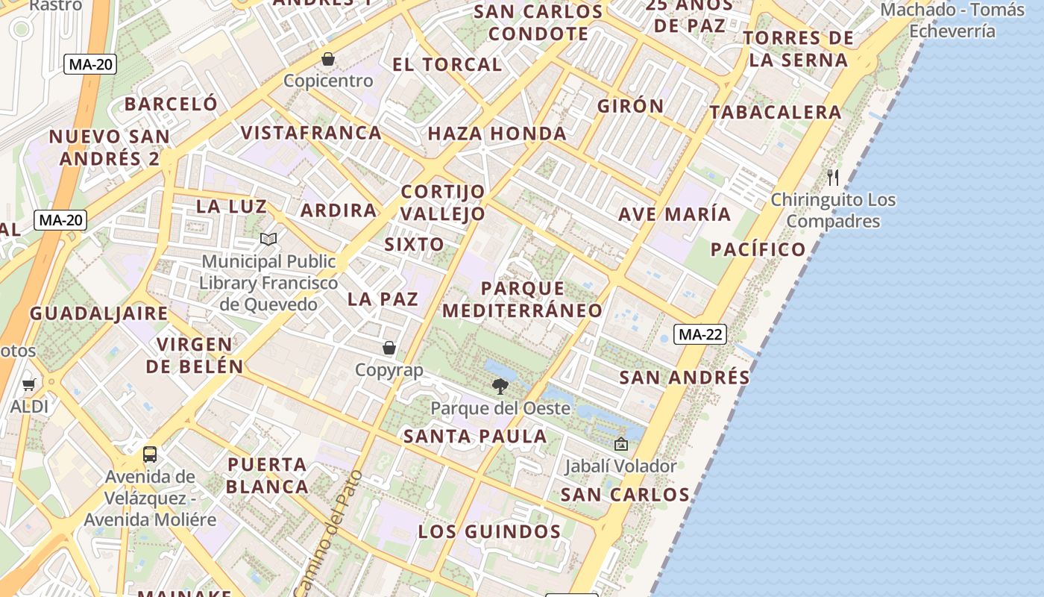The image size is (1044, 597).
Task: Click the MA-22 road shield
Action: click(x=699, y=334)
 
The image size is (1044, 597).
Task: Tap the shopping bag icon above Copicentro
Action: click(x=328, y=59)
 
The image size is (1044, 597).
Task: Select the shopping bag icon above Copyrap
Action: click(x=389, y=348)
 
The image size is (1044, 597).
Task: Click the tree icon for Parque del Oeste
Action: click(x=500, y=387)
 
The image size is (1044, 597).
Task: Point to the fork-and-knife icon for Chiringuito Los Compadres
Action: click(x=833, y=178)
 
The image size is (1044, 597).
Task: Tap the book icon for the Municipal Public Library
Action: click(x=268, y=240)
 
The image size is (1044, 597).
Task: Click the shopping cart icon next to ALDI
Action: click(x=29, y=385)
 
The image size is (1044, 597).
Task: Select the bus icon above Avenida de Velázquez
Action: click(x=150, y=454)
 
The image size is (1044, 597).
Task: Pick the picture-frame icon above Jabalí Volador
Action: click(x=620, y=444)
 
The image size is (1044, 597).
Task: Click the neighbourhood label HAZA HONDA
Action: click(x=497, y=134)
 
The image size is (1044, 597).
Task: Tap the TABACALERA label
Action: click(x=775, y=113)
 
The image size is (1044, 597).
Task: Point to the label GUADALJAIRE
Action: click(x=98, y=313)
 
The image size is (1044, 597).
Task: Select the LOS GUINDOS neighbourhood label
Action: click(x=488, y=532)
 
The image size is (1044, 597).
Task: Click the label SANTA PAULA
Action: click(x=475, y=437)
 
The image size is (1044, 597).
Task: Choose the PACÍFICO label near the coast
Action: click(x=758, y=249)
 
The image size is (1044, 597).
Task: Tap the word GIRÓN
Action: click(x=630, y=106)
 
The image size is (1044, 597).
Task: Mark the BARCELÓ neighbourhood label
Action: click(x=171, y=104)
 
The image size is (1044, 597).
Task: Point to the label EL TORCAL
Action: click(x=447, y=65)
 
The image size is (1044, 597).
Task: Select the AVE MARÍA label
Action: click(x=674, y=214)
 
